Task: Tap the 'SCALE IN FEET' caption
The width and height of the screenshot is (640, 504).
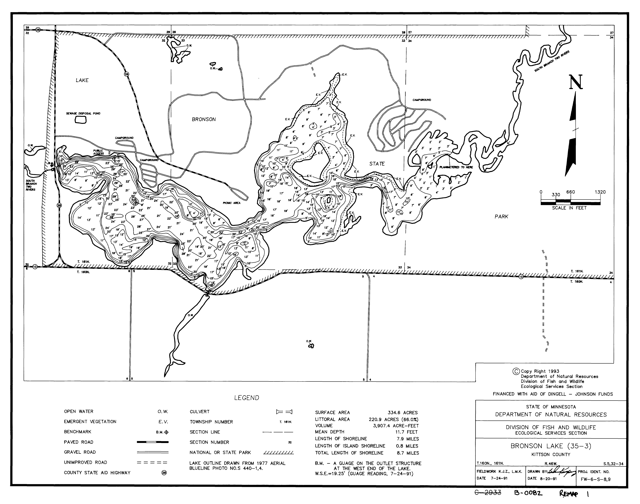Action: coord(569,208)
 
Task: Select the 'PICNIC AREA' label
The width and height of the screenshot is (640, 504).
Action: coord(232,203)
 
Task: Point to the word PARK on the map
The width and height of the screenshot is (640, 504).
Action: coord(501,217)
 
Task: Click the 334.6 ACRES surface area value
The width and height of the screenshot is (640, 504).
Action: coord(403,412)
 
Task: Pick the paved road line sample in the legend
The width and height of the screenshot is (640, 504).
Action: coord(153,442)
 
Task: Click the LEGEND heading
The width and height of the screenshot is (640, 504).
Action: coord(247,398)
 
